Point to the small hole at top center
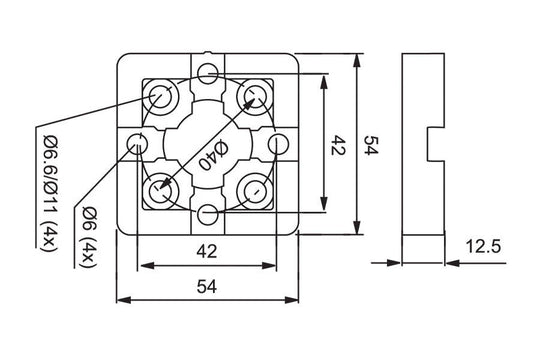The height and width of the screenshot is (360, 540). (208, 72)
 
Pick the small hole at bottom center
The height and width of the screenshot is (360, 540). (208, 214)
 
